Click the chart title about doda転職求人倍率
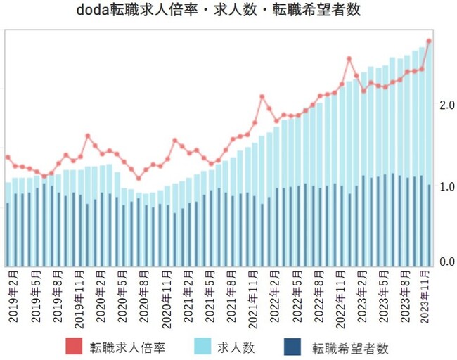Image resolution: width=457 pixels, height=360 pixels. coord(228,12)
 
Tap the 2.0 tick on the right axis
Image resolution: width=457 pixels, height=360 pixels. coord(446,105)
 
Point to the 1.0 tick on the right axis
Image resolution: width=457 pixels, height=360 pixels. coord(446,187)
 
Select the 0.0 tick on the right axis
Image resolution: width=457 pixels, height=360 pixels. coord(446,262)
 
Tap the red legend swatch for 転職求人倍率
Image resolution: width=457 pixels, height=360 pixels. coord(75,347)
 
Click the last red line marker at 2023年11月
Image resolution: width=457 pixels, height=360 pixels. coord(429,41)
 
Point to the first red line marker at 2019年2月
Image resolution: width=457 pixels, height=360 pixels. coord(8,157)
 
